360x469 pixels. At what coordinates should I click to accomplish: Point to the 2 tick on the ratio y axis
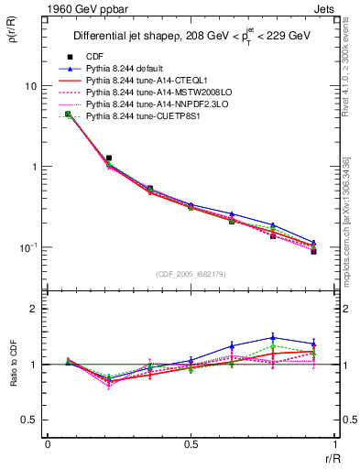point(35,309)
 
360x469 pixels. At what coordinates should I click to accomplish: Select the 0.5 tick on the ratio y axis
point(31,420)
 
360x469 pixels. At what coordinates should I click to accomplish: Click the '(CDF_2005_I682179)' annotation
point(191,274)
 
